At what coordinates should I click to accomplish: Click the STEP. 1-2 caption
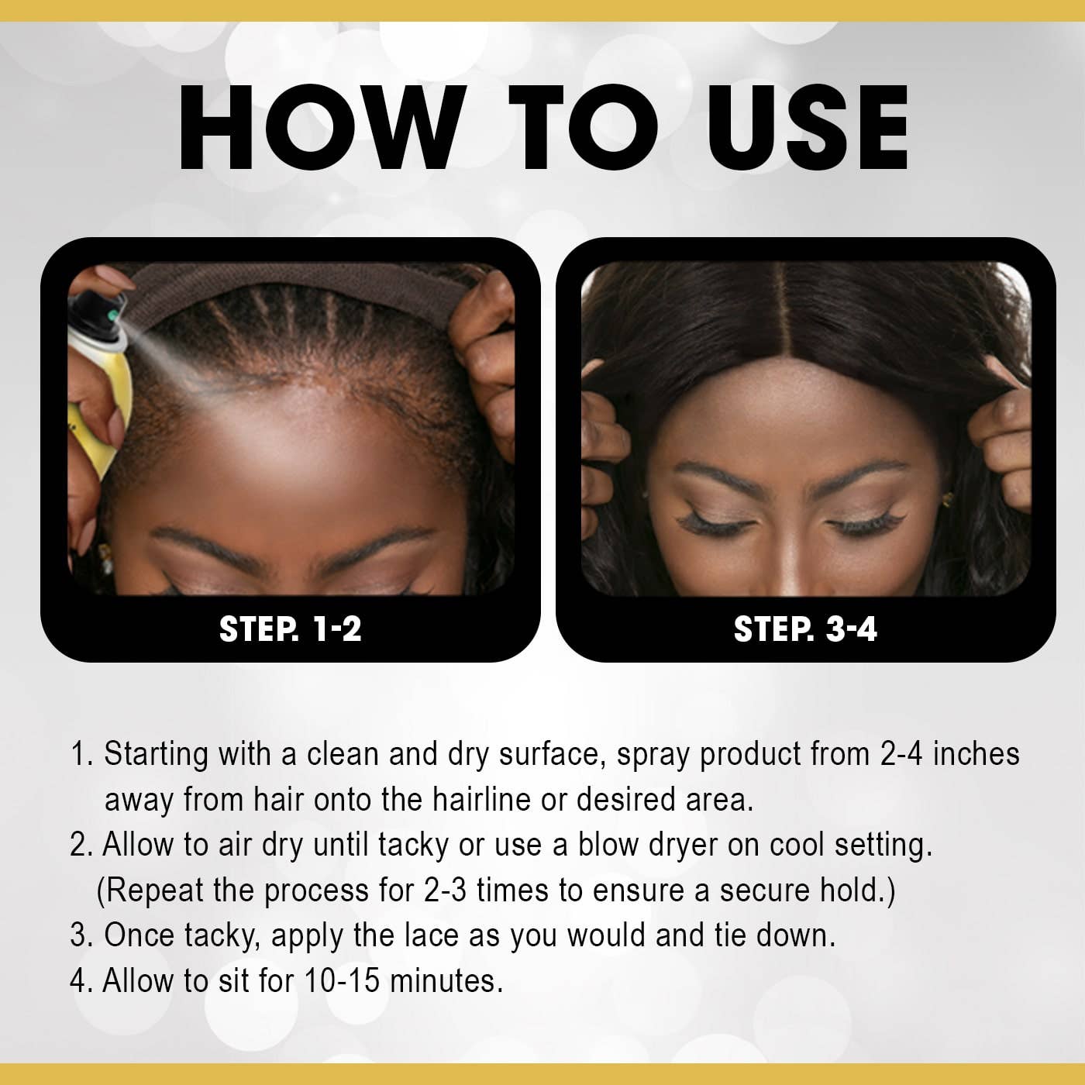290,629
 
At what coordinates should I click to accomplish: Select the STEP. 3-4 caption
805,629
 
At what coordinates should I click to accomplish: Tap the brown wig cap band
310,284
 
